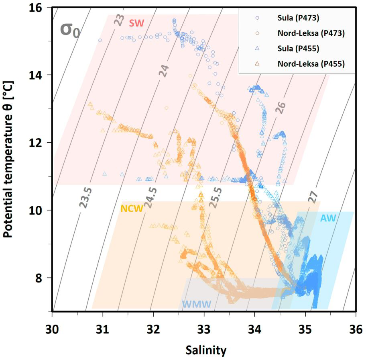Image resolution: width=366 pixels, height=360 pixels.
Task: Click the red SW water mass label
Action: pos(136,23)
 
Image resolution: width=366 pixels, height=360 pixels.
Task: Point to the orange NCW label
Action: pos(132,209)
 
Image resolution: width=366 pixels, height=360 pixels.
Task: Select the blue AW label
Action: pos(328,218)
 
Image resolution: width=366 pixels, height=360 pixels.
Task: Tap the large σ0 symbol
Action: pos(70,30)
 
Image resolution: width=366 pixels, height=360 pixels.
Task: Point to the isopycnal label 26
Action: pos(281,107)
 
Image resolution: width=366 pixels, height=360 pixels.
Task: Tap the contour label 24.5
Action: pos(151,197)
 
